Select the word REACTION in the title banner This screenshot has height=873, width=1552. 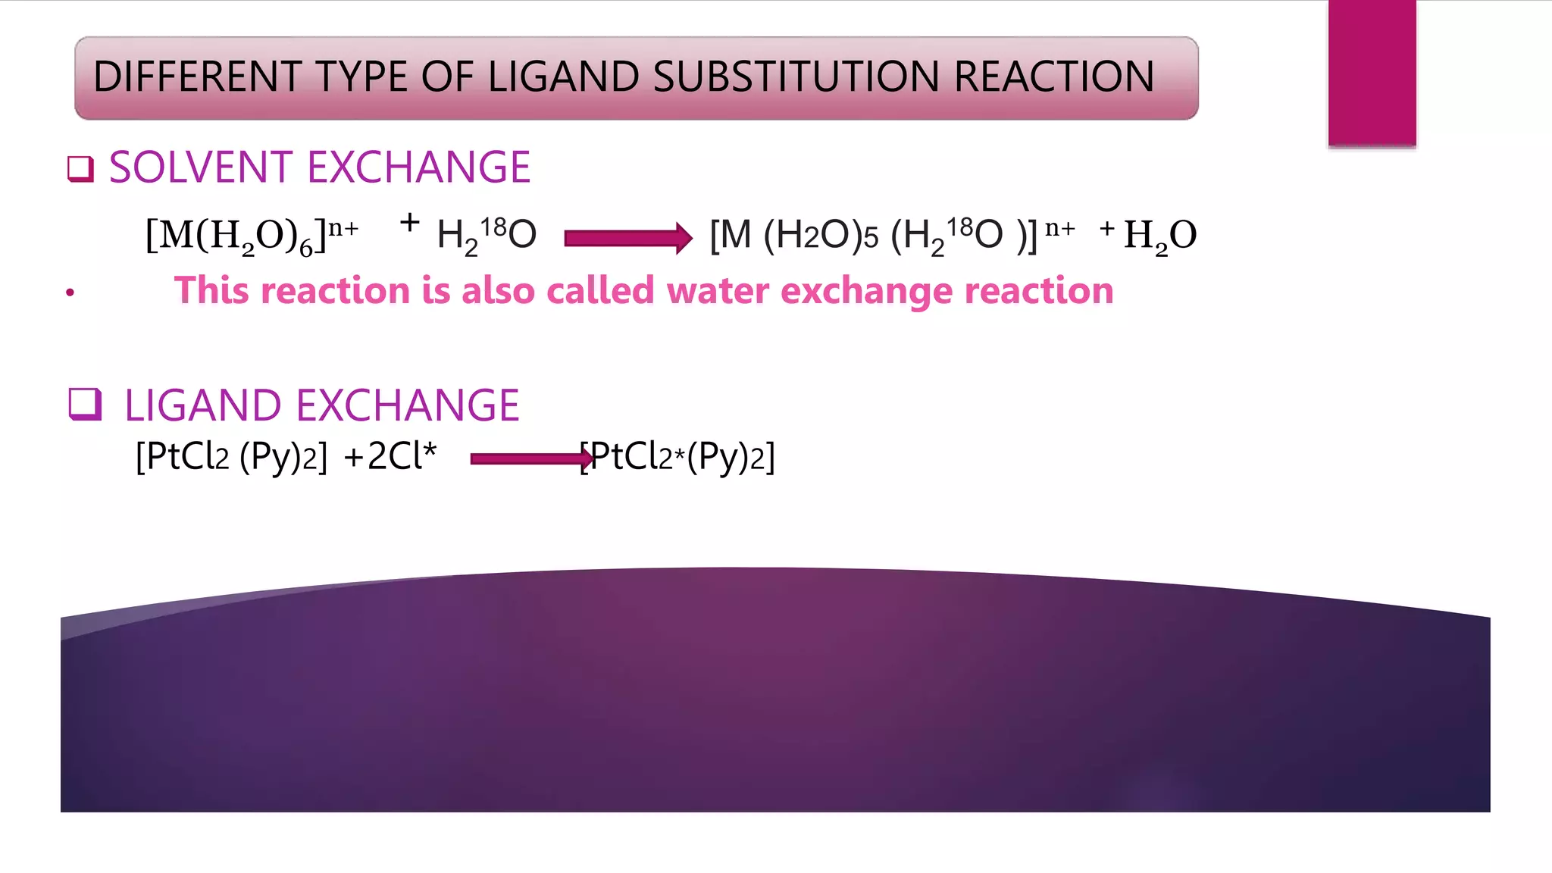[x=1054, y=77]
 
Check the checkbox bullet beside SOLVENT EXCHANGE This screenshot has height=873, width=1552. [x=80, y=168]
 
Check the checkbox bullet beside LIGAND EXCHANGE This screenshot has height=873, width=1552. [x=85, y=404]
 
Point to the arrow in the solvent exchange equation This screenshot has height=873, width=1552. [x=628, y=238]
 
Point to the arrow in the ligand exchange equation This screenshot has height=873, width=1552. [x=531, y=458]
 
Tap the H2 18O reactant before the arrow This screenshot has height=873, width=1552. [x=487, y=235]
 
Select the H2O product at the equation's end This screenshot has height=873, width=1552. [x=1160, y=236]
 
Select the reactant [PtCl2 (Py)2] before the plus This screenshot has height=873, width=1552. [x=231, y=457]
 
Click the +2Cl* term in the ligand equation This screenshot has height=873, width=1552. [x=390, y=456]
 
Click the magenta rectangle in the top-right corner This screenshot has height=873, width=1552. [x=1372, y=72]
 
